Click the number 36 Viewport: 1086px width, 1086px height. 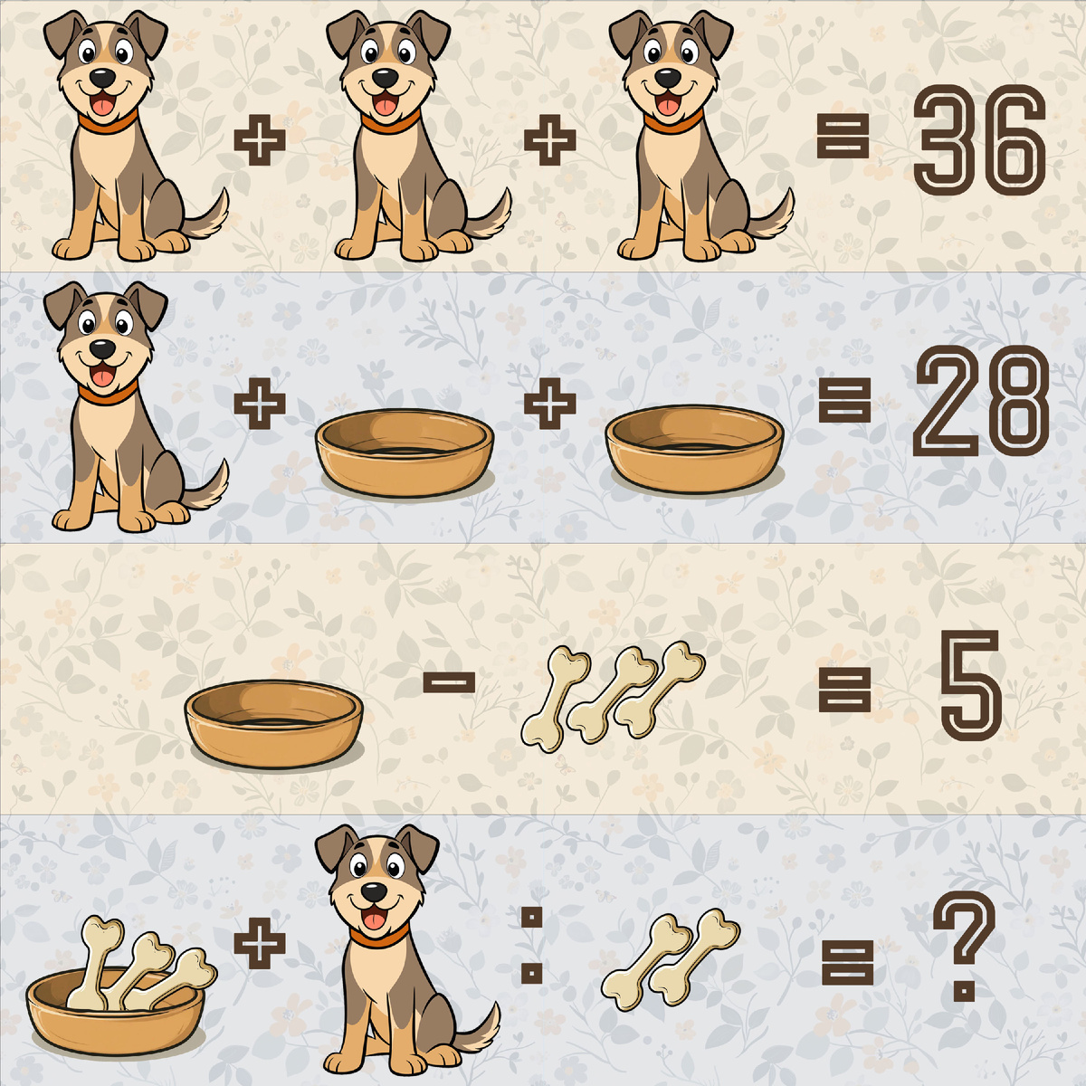point(979,139)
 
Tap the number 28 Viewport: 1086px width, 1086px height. point(981,401)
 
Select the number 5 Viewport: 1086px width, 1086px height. point(970,685)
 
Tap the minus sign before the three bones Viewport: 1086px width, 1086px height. point(449,683)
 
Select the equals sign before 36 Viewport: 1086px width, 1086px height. point(843,137)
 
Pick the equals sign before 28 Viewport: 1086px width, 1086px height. point(844,401)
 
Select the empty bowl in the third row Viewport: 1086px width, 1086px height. point(274,724)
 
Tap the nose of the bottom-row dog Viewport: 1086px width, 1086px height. point(374,892)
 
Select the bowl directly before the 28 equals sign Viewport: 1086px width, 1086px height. point(694,449)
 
